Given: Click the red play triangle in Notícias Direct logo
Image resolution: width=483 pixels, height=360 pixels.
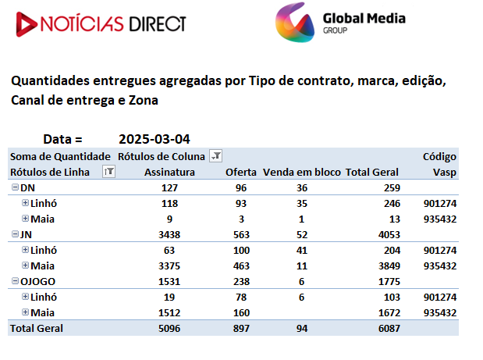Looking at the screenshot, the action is [x=26, y=24].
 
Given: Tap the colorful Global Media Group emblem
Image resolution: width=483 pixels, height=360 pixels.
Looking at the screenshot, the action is [x=295, y=22].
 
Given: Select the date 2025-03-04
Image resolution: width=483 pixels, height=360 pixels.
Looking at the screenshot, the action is [x=154, y=139].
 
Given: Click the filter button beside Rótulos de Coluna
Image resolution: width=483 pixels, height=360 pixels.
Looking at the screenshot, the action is [x=215, y=155].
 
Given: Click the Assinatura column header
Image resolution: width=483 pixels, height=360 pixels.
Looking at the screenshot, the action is [x=170, y=172].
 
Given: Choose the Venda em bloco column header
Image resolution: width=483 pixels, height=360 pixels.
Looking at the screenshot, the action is [x=301, y=172].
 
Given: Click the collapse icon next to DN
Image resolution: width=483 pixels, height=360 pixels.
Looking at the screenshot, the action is [x=15, y=187].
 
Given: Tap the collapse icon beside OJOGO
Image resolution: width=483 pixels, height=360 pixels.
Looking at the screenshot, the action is [x=15, y=281].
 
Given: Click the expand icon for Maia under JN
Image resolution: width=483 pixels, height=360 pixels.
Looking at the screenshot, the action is [x=25, y=265].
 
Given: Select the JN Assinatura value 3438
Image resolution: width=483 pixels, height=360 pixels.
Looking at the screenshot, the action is [x=169, y=235].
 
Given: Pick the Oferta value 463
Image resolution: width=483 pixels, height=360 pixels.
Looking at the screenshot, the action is [x=241, y=266].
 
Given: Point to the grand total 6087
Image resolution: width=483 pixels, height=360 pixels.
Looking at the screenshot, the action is [x=389, y=329].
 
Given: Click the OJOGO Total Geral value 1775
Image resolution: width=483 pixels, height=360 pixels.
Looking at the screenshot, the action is [x=389, y=282].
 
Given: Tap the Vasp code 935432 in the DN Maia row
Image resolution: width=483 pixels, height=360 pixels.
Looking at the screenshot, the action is [x=440, y=219].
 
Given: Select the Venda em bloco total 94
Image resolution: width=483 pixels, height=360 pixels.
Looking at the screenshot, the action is [x=302, y=329].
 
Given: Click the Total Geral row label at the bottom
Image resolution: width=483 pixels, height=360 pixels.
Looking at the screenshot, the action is [x=37, y=329].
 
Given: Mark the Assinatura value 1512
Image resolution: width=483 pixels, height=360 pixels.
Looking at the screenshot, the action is [x=169, y=313].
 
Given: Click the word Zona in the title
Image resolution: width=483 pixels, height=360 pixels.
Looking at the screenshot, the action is [x=144, y=101].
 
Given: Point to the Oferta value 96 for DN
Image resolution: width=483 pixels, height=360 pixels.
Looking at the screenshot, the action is [x=241, y=188].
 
